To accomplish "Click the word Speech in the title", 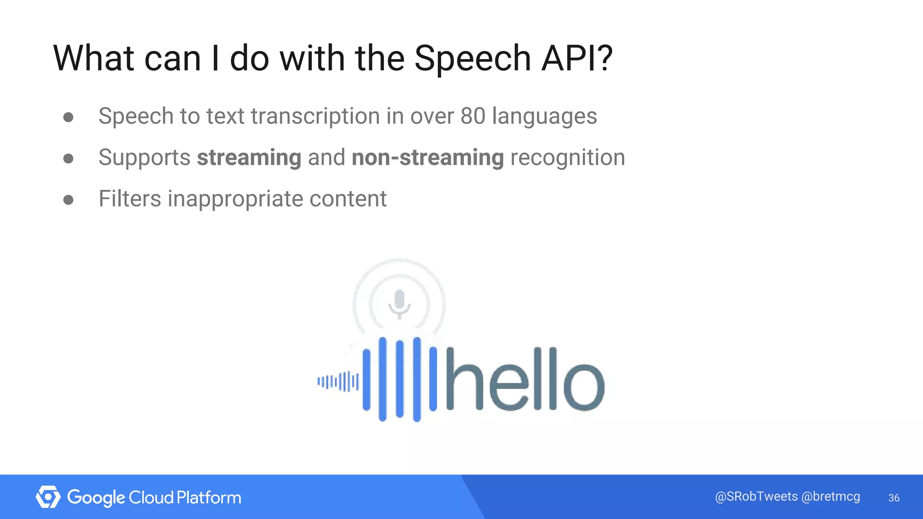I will click(x=472, y=59).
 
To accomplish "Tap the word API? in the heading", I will click(x=577, y=59).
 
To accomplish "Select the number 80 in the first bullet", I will click(x=472, y=116).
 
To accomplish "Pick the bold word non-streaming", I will click(x=427, y=158).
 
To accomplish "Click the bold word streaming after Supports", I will click(x=249, y=158).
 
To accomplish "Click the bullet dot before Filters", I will click(x=69, y=200).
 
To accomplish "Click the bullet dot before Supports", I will click(x=69, y=158).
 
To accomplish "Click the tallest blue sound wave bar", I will click(x=417, y=379).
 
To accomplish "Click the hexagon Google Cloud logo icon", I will click(x=48, y=497).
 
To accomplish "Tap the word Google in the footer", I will click(x=96, y=498).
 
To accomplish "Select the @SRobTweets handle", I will click(x=756, y=496).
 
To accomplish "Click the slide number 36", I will click(x=894, y=498).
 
